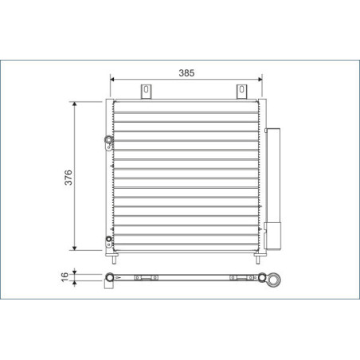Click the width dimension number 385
[186, 72]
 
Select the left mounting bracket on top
[147, 92]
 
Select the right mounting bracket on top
[241, 92]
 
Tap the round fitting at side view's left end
[110, 278]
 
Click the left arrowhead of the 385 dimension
[112, 80]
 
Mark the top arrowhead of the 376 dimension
[76, 104]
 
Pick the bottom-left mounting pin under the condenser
[116, 259]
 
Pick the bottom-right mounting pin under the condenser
[256, 259]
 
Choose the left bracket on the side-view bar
[143, 278]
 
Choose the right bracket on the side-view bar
[237, 278]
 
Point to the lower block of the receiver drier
[273, 237]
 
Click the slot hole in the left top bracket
[147, 90]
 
